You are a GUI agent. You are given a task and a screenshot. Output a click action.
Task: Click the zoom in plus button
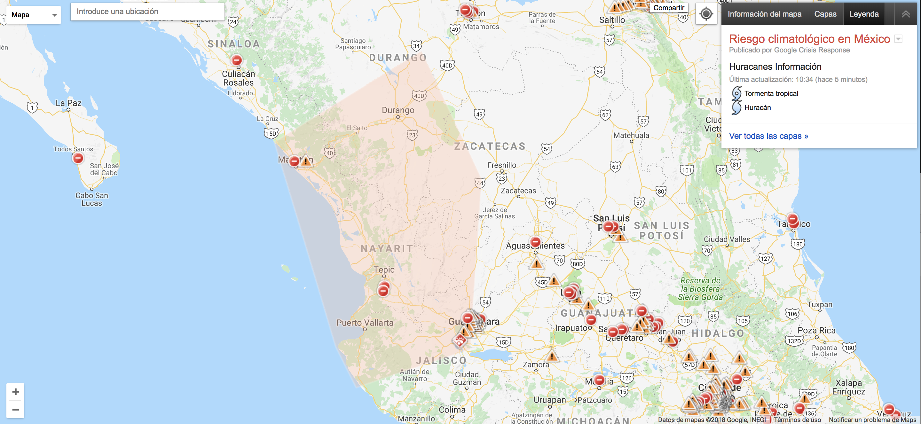pyautogui.click(x=15, y=392)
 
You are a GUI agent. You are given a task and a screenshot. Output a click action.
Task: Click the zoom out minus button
pyautogui.click(x=15, y=409)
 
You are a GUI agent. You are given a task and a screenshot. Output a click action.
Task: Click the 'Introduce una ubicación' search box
pyautogui.click(x=147, y=12)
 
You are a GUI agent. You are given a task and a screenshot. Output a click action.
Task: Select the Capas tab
pyautogui.click(x=825, y=14)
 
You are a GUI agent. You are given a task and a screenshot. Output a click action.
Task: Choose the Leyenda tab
pyautogui.click(x=863, y=14)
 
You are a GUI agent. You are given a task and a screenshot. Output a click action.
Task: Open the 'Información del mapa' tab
pyautogui.click(x=764, y=14)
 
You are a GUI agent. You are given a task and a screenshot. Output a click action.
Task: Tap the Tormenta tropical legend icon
pyautogui.click(x=736, y=93)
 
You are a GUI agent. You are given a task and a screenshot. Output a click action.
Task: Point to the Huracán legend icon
pyautogui.click(x=736, y=107)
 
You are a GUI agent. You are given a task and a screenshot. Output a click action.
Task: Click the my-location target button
pyautogui.click(x=706, y=14)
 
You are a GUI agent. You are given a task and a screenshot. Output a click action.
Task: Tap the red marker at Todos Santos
pyautogui.click(x=78, y=158)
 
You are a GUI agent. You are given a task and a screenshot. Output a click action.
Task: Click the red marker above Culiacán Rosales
pyautogui.click(x=237, y=60)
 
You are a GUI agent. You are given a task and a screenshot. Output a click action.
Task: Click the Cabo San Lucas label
pyautogui.click(x=92, y=199)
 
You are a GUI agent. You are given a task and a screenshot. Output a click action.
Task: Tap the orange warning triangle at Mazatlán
pyautogui.click(x=306, y=161)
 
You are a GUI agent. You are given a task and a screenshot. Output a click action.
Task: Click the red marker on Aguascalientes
pyautogui.click(x=535, y=242)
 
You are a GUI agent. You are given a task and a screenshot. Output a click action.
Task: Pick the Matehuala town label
pyautogui.click(x=631, y=136)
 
